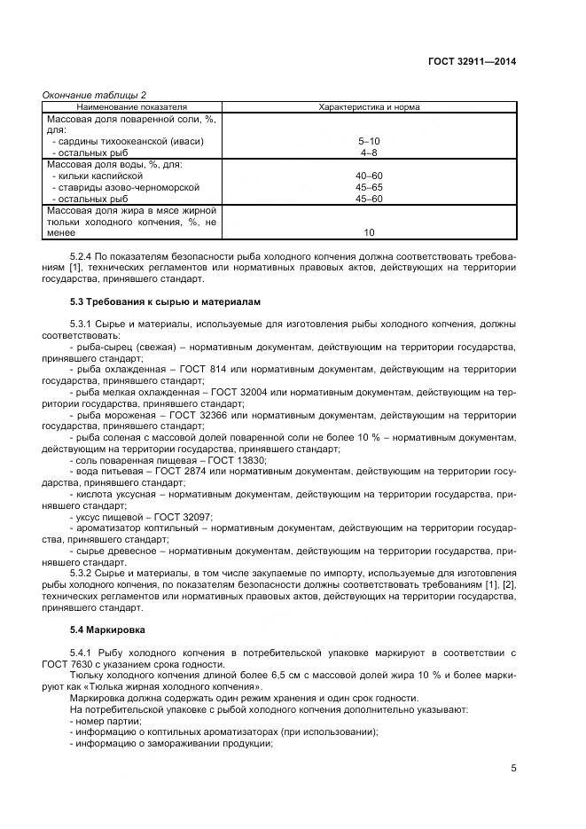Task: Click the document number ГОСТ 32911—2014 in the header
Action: (x=473, y=61)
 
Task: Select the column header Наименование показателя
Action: (x=132, y=107)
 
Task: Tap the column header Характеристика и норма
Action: (x=368, y=107)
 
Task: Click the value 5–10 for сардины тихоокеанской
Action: (x=368, y=141)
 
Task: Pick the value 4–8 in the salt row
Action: (x=368, y=153)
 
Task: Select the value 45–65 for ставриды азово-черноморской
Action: (x=368, y=187)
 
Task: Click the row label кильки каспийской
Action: (x=98, y=176)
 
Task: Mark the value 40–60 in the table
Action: (x=368, y=176)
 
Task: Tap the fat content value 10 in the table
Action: (x=368, y=233)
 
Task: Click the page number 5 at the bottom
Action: (x=513, y=769)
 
